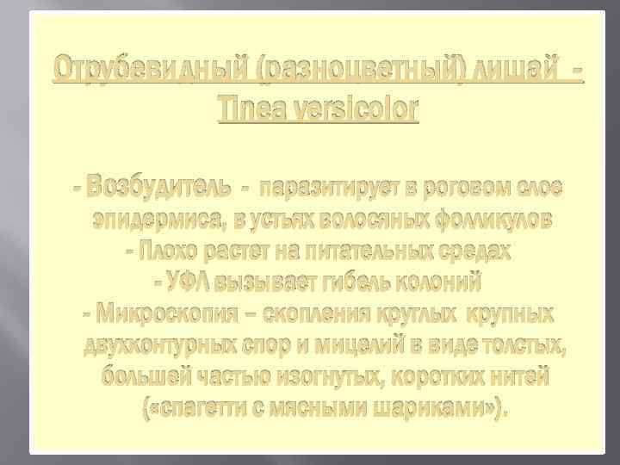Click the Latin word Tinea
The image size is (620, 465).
(x=253, y=109)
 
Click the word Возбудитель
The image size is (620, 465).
(x=164, y=187)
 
